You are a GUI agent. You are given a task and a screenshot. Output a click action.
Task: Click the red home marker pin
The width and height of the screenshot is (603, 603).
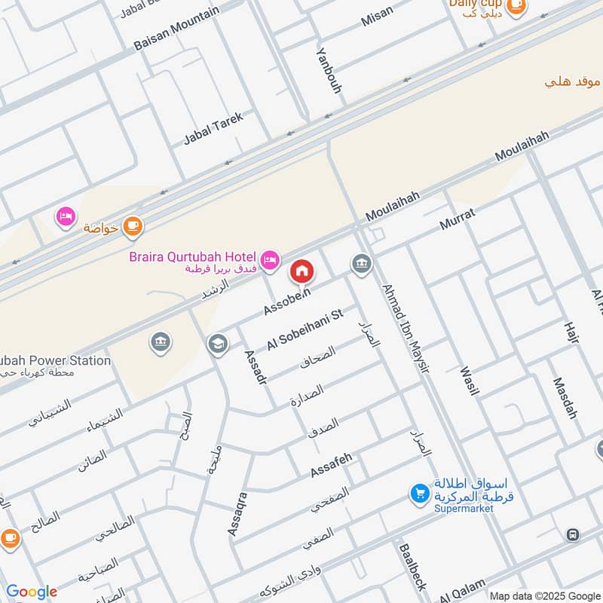point(301,271)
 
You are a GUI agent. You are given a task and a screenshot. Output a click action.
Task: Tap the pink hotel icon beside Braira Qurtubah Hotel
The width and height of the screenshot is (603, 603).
point(269,259)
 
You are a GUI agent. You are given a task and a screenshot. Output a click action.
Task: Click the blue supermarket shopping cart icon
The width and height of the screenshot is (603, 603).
point(419,494)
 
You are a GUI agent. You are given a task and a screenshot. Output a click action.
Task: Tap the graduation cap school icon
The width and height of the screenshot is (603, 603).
point(217,344)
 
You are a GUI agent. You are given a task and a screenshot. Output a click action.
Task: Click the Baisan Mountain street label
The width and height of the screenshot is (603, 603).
point(176,29)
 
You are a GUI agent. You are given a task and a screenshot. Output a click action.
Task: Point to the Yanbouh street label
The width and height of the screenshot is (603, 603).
point(329,70)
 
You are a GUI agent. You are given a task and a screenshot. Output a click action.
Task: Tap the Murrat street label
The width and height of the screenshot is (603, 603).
point(457,220)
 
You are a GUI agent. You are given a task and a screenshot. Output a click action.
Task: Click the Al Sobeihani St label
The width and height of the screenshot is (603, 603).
point(305,329)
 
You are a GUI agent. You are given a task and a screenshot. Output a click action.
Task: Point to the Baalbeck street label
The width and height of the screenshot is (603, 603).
point(412,567)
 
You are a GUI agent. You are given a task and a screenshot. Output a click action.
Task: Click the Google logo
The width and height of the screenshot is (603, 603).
point(31,592)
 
